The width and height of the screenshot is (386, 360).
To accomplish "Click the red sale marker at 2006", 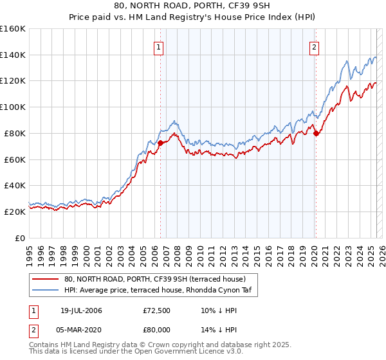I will coord(160,143).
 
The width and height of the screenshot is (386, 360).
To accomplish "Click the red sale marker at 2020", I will coord(316,133).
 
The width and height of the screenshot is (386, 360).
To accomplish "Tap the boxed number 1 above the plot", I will coord(158,46).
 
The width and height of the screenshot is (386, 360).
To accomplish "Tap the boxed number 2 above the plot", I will coord(314,46).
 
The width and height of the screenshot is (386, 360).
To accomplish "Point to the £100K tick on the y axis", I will coord(13,107).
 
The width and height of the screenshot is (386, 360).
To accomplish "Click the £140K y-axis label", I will coord(13,55).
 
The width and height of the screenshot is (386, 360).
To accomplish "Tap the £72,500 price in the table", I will coord(157,310).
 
